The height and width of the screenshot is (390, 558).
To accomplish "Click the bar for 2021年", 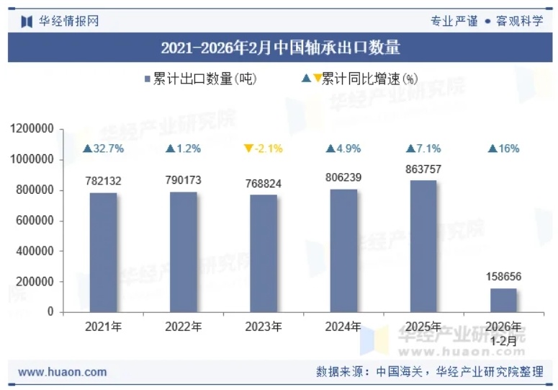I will tap(103, 252).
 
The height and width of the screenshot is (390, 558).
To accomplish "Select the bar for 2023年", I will tap(264, 253).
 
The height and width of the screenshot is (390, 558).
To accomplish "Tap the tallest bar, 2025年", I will tap(423, 246).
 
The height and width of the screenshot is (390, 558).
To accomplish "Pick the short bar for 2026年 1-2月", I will tap(503, 300).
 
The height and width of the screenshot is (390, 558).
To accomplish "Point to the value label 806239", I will tap(343, 177).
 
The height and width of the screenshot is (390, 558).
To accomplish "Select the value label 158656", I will tap(503, 276).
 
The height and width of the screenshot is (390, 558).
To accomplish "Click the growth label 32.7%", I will tap(104, 149).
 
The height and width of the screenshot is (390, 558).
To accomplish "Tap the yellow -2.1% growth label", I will tap(264, 149).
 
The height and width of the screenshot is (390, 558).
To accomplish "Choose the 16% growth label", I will tap(503, 149).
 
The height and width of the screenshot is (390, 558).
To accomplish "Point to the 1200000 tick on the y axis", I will tap(32, 129).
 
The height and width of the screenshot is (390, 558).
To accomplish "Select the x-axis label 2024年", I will tap(343, 327).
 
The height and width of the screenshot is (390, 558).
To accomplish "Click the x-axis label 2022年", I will tap(184, 327).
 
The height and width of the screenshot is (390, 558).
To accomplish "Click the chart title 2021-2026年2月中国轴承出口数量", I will tap(280, 48).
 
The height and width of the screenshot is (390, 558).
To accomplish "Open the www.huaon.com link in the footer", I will tap(62, 372).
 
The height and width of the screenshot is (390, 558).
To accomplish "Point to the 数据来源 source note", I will tap(429, 372).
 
